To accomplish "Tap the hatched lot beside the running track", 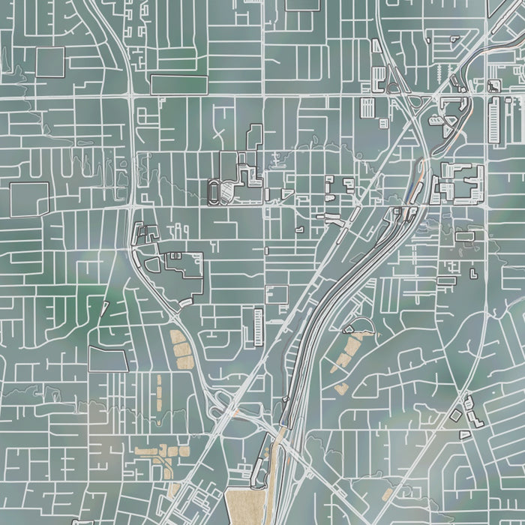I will click(228, 193).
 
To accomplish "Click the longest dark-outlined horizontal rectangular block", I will click(178, 85).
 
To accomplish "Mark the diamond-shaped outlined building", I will click(455, 414).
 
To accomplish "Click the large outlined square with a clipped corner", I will click(106, 358).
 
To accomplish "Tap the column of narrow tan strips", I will click(158, 391).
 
